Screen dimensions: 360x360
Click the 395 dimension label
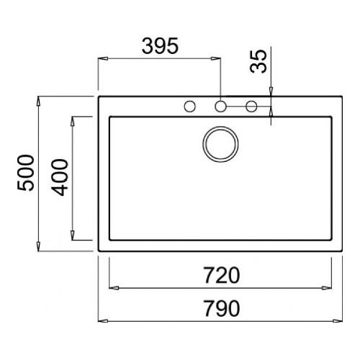[x=160, y=45]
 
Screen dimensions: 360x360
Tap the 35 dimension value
[x=258, y=61]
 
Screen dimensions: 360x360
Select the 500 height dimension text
[x=26, y=173]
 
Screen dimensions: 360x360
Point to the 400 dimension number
[x=60, y=177]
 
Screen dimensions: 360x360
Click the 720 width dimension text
[x=222, y=275]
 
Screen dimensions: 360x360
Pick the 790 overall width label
[x=222, y=308]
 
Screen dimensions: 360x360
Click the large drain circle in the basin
[x=220, y=144]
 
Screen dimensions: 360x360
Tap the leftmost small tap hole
[x=189, y=107]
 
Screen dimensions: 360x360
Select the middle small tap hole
[x=220, y=107]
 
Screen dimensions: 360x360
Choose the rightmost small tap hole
[x=251, y=107]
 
